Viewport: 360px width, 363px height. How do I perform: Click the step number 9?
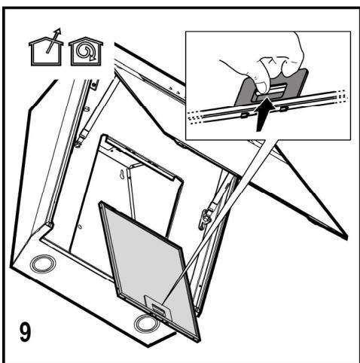point(26,332)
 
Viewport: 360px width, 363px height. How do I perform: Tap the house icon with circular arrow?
point(86,51)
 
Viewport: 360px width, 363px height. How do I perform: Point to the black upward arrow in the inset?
point(264,114)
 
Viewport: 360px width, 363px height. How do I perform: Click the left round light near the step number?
point(43,264)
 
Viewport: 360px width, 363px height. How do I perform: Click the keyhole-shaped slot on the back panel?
point(122,175)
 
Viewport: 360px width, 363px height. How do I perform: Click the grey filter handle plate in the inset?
point(271,87)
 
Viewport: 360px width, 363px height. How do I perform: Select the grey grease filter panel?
point(149,269)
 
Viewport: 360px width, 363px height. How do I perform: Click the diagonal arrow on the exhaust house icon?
point(53,41)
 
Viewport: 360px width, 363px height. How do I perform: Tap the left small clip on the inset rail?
point(244,115)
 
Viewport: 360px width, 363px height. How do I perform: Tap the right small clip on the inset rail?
point(284,109)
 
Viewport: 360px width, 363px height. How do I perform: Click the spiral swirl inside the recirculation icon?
point(84,51)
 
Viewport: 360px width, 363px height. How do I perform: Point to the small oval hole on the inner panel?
point(80,227)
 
